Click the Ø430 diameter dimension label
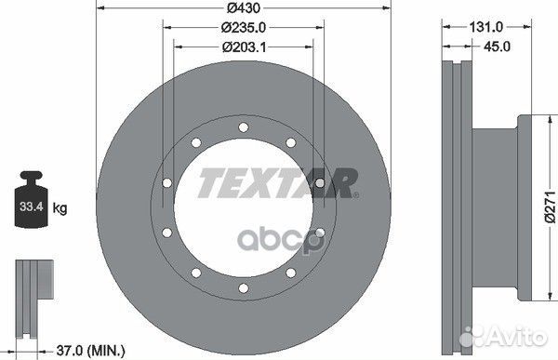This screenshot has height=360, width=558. click(244, 7)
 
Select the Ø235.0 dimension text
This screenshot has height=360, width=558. click(244, 27)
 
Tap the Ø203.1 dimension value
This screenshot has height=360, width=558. click(244, 47)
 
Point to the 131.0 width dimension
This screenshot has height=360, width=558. click(485, 27)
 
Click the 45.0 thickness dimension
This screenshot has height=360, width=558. click(497, 47)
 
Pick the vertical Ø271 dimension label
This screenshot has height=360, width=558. click(550, 207)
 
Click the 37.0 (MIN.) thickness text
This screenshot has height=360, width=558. click(91, 351)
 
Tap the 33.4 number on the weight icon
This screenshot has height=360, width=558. click(32, 207)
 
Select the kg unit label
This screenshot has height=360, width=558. click(60, 207)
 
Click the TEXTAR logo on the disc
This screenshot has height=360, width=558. click(278, 183)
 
